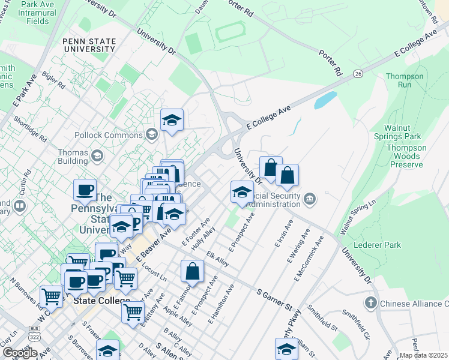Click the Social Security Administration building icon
(x=310, y=199)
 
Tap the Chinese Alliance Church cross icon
(x=371, y=304)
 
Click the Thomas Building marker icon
(x=97, y=157)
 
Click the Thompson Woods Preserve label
(x=406, y=156)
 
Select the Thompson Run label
(x=404, y=80)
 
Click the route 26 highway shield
(x=358, y=74)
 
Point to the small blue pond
(x=325, y=100)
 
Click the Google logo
(x=20, y=353)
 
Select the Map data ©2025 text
(x=424, y=355)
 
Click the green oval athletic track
(x=231, y=32)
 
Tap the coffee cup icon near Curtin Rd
(x=84, y=190)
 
